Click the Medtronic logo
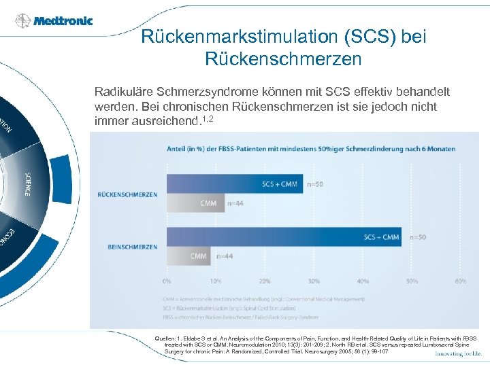pos(54,20)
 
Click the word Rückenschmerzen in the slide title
pos(283,59)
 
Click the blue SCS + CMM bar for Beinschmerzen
pos(286,237)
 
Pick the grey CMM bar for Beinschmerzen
pos(189,256)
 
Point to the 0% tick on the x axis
pos(167,280)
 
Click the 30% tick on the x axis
pos(314,280)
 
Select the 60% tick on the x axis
pos(461,280)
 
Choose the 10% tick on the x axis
pos(216,280)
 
